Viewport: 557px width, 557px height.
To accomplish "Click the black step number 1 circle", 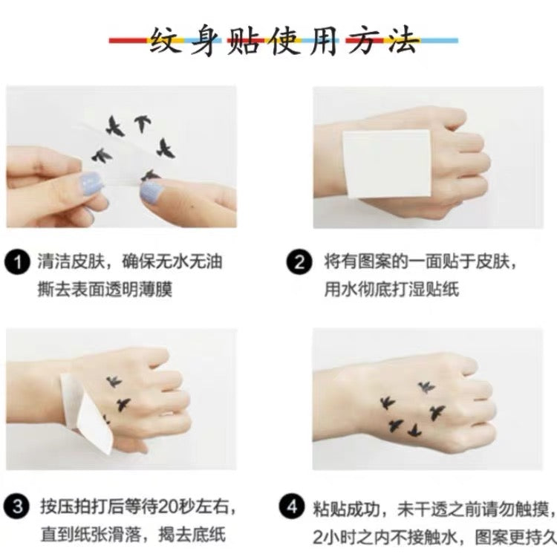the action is click(x=17, y=262).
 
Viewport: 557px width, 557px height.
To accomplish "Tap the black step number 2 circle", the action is click(x=299, y=262).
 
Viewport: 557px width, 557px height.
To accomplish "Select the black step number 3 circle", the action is click(x=17, y=506).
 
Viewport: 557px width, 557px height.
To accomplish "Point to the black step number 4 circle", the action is click(x=292, y=506).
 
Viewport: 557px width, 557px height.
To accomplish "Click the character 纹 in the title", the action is click(x=165, y=40).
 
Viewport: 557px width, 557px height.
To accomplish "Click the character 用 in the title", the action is click(x=323, y=40).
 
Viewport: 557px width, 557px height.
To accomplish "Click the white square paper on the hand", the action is click(x=387, y=163).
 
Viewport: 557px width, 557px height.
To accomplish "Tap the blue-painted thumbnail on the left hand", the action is click(x=89, y=183).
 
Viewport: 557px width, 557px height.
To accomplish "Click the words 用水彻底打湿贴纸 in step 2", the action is click(x=391, y=289).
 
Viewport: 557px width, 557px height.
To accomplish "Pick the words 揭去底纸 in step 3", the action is click(x=192, y=535).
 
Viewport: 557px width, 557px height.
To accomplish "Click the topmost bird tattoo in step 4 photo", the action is click(x=426, y=386).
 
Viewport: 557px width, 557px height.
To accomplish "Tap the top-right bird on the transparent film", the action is click(x=143, y=123).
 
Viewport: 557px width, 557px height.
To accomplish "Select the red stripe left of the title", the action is click(x=128, y=41).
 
